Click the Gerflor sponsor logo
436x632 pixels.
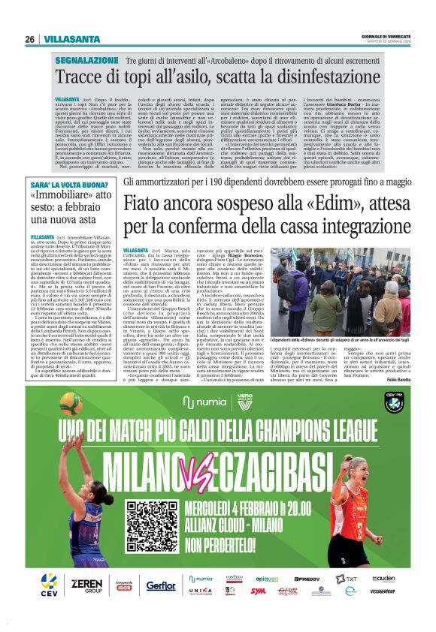pyautogui.click(x=161, y=585)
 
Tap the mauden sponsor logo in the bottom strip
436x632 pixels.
pyautogui.click(x=383, y=579)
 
